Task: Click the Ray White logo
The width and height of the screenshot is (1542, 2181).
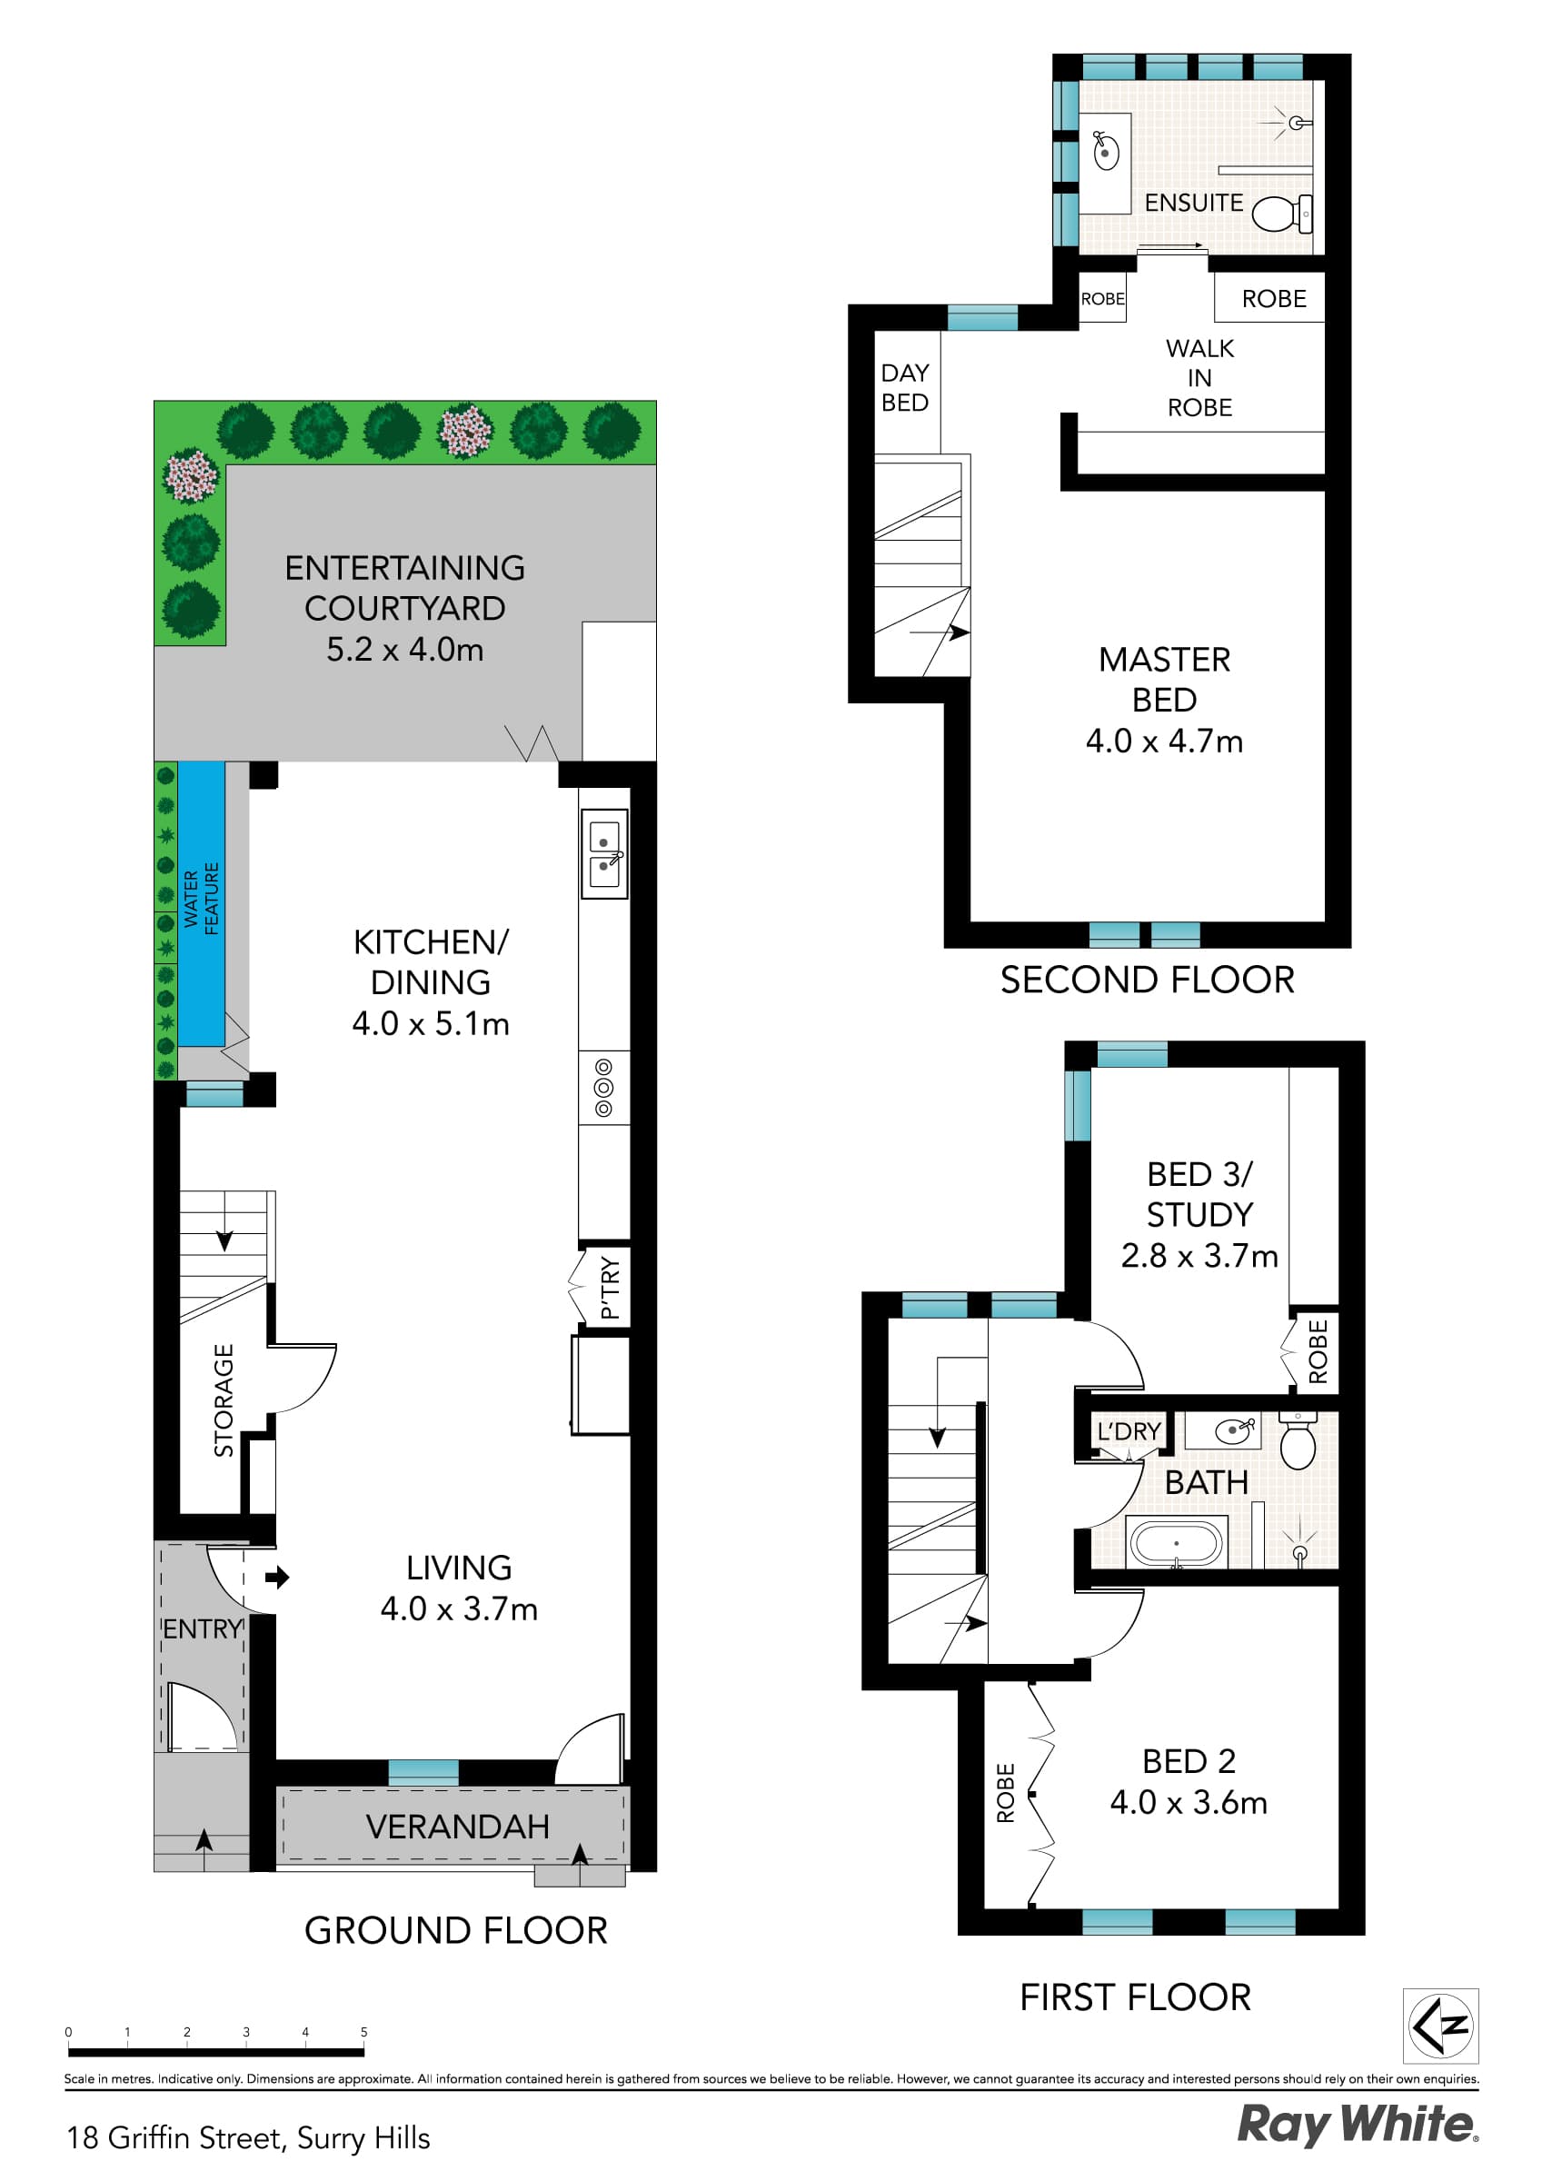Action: [x=1356, y=2125]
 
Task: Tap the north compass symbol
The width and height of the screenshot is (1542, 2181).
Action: [x=1440, y=2027]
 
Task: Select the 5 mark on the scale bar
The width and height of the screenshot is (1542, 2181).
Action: [x=363, y=2033]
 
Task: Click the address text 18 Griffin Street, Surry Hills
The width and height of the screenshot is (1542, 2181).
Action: [x=248, y=2137]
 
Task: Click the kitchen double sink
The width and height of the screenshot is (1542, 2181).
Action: [x=604, y=854]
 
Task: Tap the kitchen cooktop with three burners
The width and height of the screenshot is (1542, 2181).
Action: [x=603, y=1088]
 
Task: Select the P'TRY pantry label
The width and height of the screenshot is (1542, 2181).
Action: [x=610, y=1287]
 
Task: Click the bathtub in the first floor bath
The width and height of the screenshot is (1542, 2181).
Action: [x=1175, y=1543]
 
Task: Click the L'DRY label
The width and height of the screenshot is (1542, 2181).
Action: [x=1129, y=1430]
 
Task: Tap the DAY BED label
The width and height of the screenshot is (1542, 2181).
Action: [x=904, y=387]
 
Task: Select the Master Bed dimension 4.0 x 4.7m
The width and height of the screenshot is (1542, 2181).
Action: [x=1164, y=741]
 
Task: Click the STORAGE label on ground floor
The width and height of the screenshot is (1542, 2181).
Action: [x=224, y=1400]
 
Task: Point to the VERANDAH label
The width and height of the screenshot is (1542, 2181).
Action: [x=457, y=1826]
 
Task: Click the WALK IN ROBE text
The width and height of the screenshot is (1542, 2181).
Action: [x=1199, y=377]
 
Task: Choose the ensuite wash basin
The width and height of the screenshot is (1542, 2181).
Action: [x=1106, y=152]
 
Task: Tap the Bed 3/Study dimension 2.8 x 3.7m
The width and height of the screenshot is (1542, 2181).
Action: [x=1199, y=1256]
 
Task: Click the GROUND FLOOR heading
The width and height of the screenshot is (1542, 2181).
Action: [x=455, y=1930]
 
